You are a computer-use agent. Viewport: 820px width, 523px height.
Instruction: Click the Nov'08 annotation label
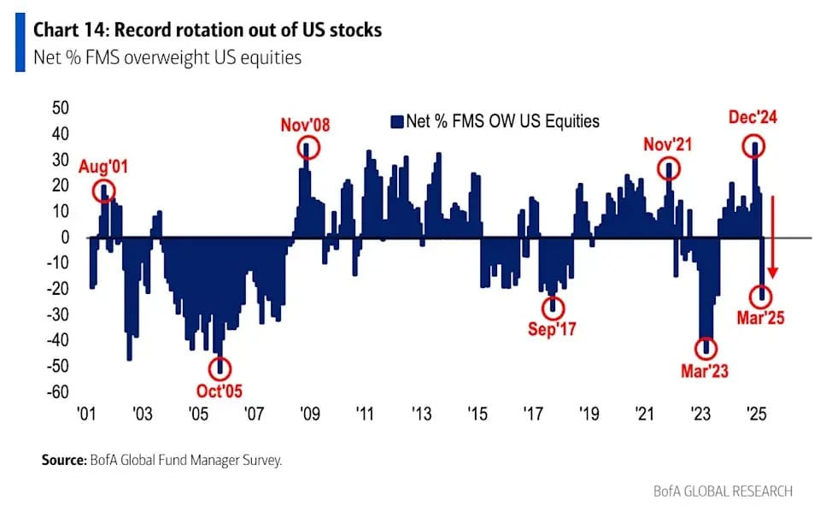tap(305, 126)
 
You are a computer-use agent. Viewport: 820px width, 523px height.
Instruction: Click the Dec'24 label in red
tap(754, 119)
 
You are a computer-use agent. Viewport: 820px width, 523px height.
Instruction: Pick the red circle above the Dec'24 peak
tap(754, 146)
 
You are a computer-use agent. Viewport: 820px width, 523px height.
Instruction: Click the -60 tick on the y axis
tap(58, 392)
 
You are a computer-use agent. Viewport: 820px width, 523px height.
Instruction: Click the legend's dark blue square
tap(395, 120)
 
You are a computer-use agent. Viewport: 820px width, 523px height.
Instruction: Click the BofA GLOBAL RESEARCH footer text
tap(733, 491)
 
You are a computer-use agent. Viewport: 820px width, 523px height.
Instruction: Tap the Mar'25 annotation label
tap(761, 318)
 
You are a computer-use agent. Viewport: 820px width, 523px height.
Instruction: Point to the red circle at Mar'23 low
tap(706, 348)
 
